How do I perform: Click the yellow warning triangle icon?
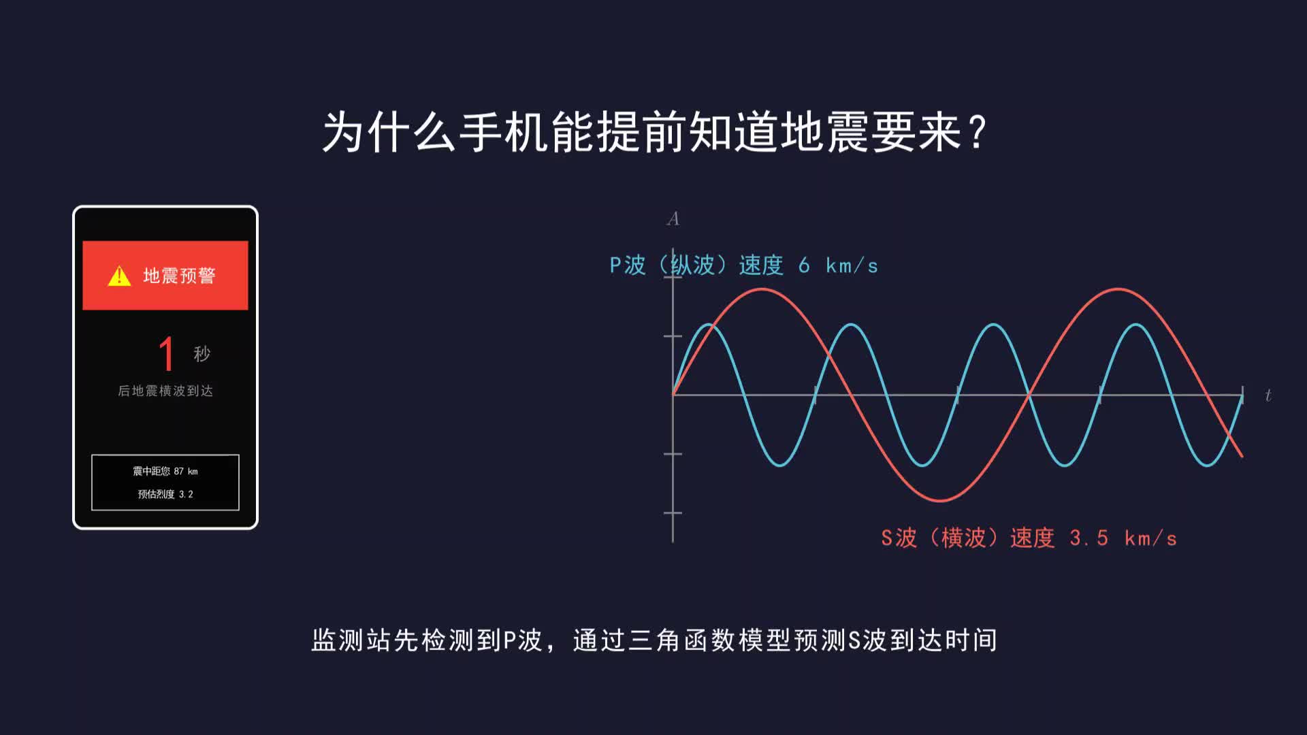119,276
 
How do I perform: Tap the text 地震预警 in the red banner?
179,276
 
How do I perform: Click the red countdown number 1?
166,353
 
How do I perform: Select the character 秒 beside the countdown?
202,354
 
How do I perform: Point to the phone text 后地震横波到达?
165,391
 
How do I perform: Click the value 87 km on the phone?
186,471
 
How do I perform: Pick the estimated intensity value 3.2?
186,494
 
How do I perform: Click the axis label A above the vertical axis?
673,218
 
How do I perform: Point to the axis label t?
1268,395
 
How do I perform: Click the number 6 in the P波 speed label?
804,265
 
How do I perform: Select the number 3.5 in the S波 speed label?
1088,538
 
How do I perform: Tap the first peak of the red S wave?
762,289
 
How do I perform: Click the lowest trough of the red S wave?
940,500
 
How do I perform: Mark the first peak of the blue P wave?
709,324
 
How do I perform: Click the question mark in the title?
978,132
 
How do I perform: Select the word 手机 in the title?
504,132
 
